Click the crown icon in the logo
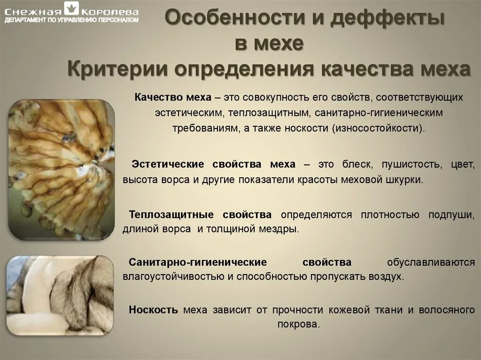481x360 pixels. (72, 8)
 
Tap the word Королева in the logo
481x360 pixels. (110, 11)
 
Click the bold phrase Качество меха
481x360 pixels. (172, 98)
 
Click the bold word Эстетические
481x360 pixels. (168, 165)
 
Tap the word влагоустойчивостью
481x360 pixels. (173, 276)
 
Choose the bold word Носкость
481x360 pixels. (153, 310)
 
